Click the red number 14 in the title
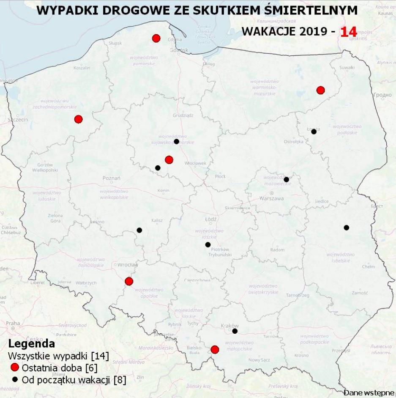(x=349, y=32)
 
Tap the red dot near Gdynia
(x=156, y=38)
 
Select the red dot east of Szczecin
(x=78, y=119)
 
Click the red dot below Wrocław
(x=129, y=281)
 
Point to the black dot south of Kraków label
(x=235, y=331)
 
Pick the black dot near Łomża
(x=314, y=132)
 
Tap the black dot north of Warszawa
(x=286, y=179)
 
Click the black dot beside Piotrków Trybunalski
(x=208, y=244)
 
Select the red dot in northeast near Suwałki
(x=320, y=90)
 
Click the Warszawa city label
(x=271, y=198)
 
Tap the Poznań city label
(x=112, y=178)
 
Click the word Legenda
(x=31, y=343)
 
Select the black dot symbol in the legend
(x=15, y=379)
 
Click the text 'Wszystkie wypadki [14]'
(x=59, y=355)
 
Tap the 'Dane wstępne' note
(x=368, y=393)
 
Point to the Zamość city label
(x=360, y=293)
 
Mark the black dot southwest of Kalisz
(x=139, y=230)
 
